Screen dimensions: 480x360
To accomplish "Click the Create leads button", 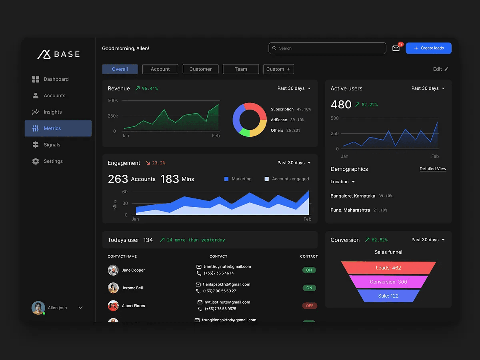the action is click(428, 48).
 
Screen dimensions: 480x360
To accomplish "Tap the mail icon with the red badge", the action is click(396, 48).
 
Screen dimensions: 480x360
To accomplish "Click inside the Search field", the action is click(327, 48).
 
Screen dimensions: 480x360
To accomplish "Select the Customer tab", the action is click(200, 69).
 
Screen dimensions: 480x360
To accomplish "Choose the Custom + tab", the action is click(278, 69).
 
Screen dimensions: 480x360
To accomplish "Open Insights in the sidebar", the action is click(52, 112).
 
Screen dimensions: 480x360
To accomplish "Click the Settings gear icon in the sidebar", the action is click(36, 161).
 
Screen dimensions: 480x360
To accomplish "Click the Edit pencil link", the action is click(441, 69).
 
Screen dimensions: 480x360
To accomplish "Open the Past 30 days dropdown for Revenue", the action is click(294, 88).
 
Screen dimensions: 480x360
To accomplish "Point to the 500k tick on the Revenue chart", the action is click(113, 100).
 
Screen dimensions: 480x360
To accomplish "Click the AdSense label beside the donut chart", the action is click(279, 120).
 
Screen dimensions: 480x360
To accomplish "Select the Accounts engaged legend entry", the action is click(287, 179).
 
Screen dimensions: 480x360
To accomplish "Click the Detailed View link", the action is click(433, 169).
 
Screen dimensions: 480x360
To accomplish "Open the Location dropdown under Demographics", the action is click(342, 182).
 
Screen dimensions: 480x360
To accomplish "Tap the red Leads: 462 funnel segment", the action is click(388, 268).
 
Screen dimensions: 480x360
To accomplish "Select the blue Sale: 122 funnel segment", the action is click(388, 296).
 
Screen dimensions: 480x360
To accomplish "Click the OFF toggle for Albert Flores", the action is click(310, 306).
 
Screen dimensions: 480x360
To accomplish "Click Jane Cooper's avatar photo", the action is click(113, 270).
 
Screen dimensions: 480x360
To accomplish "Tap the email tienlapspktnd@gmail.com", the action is click(226, 284).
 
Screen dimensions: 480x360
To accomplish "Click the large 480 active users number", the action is click(341, 104).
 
